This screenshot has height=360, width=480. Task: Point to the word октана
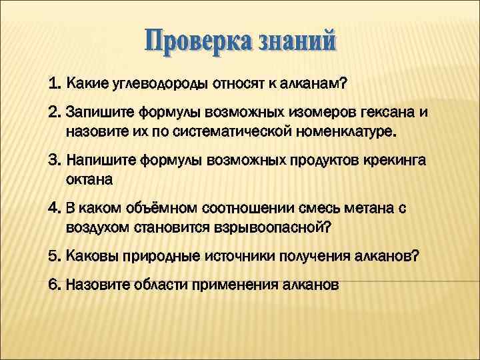(89, 180)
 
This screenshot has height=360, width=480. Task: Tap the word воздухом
(97, 228)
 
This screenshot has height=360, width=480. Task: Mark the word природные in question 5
(147, 257)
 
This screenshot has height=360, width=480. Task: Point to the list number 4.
(54, 209)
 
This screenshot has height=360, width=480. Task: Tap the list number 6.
(54, 285)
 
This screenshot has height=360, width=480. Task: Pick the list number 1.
(54, 85)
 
